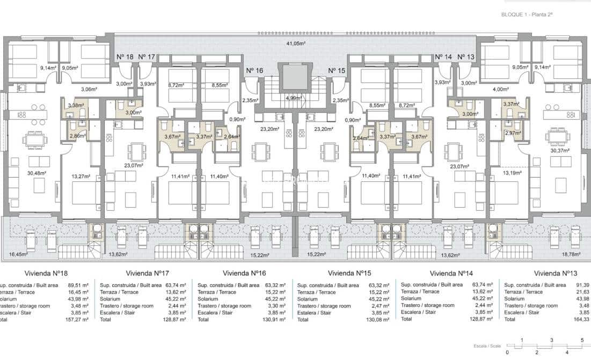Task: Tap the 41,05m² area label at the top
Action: (295, 44)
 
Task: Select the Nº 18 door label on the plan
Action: (125, 57)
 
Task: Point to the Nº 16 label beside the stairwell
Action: (254, 71)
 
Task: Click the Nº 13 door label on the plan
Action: (466, 57)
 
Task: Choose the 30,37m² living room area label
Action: (558, 151)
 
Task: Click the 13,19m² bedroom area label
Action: (512, 173)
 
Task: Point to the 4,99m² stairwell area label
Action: (294, 98)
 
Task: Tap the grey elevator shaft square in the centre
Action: (294, 77)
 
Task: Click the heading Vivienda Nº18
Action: (50, 272)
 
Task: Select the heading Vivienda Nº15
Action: (351, 272)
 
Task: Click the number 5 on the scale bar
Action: (582, 340)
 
